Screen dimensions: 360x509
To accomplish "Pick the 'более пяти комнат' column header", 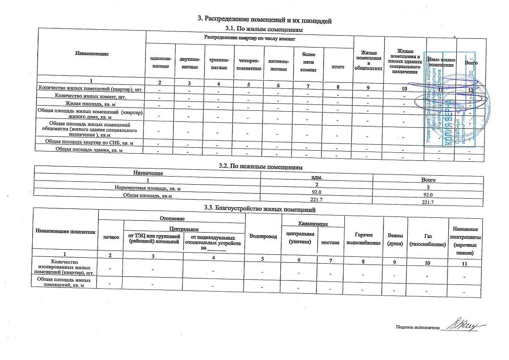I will pos(308,62).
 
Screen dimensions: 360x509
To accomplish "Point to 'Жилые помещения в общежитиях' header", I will pos(369,63).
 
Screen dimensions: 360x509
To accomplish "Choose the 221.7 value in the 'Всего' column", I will pos(427,202).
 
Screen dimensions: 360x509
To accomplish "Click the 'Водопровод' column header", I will pos(263,236).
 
